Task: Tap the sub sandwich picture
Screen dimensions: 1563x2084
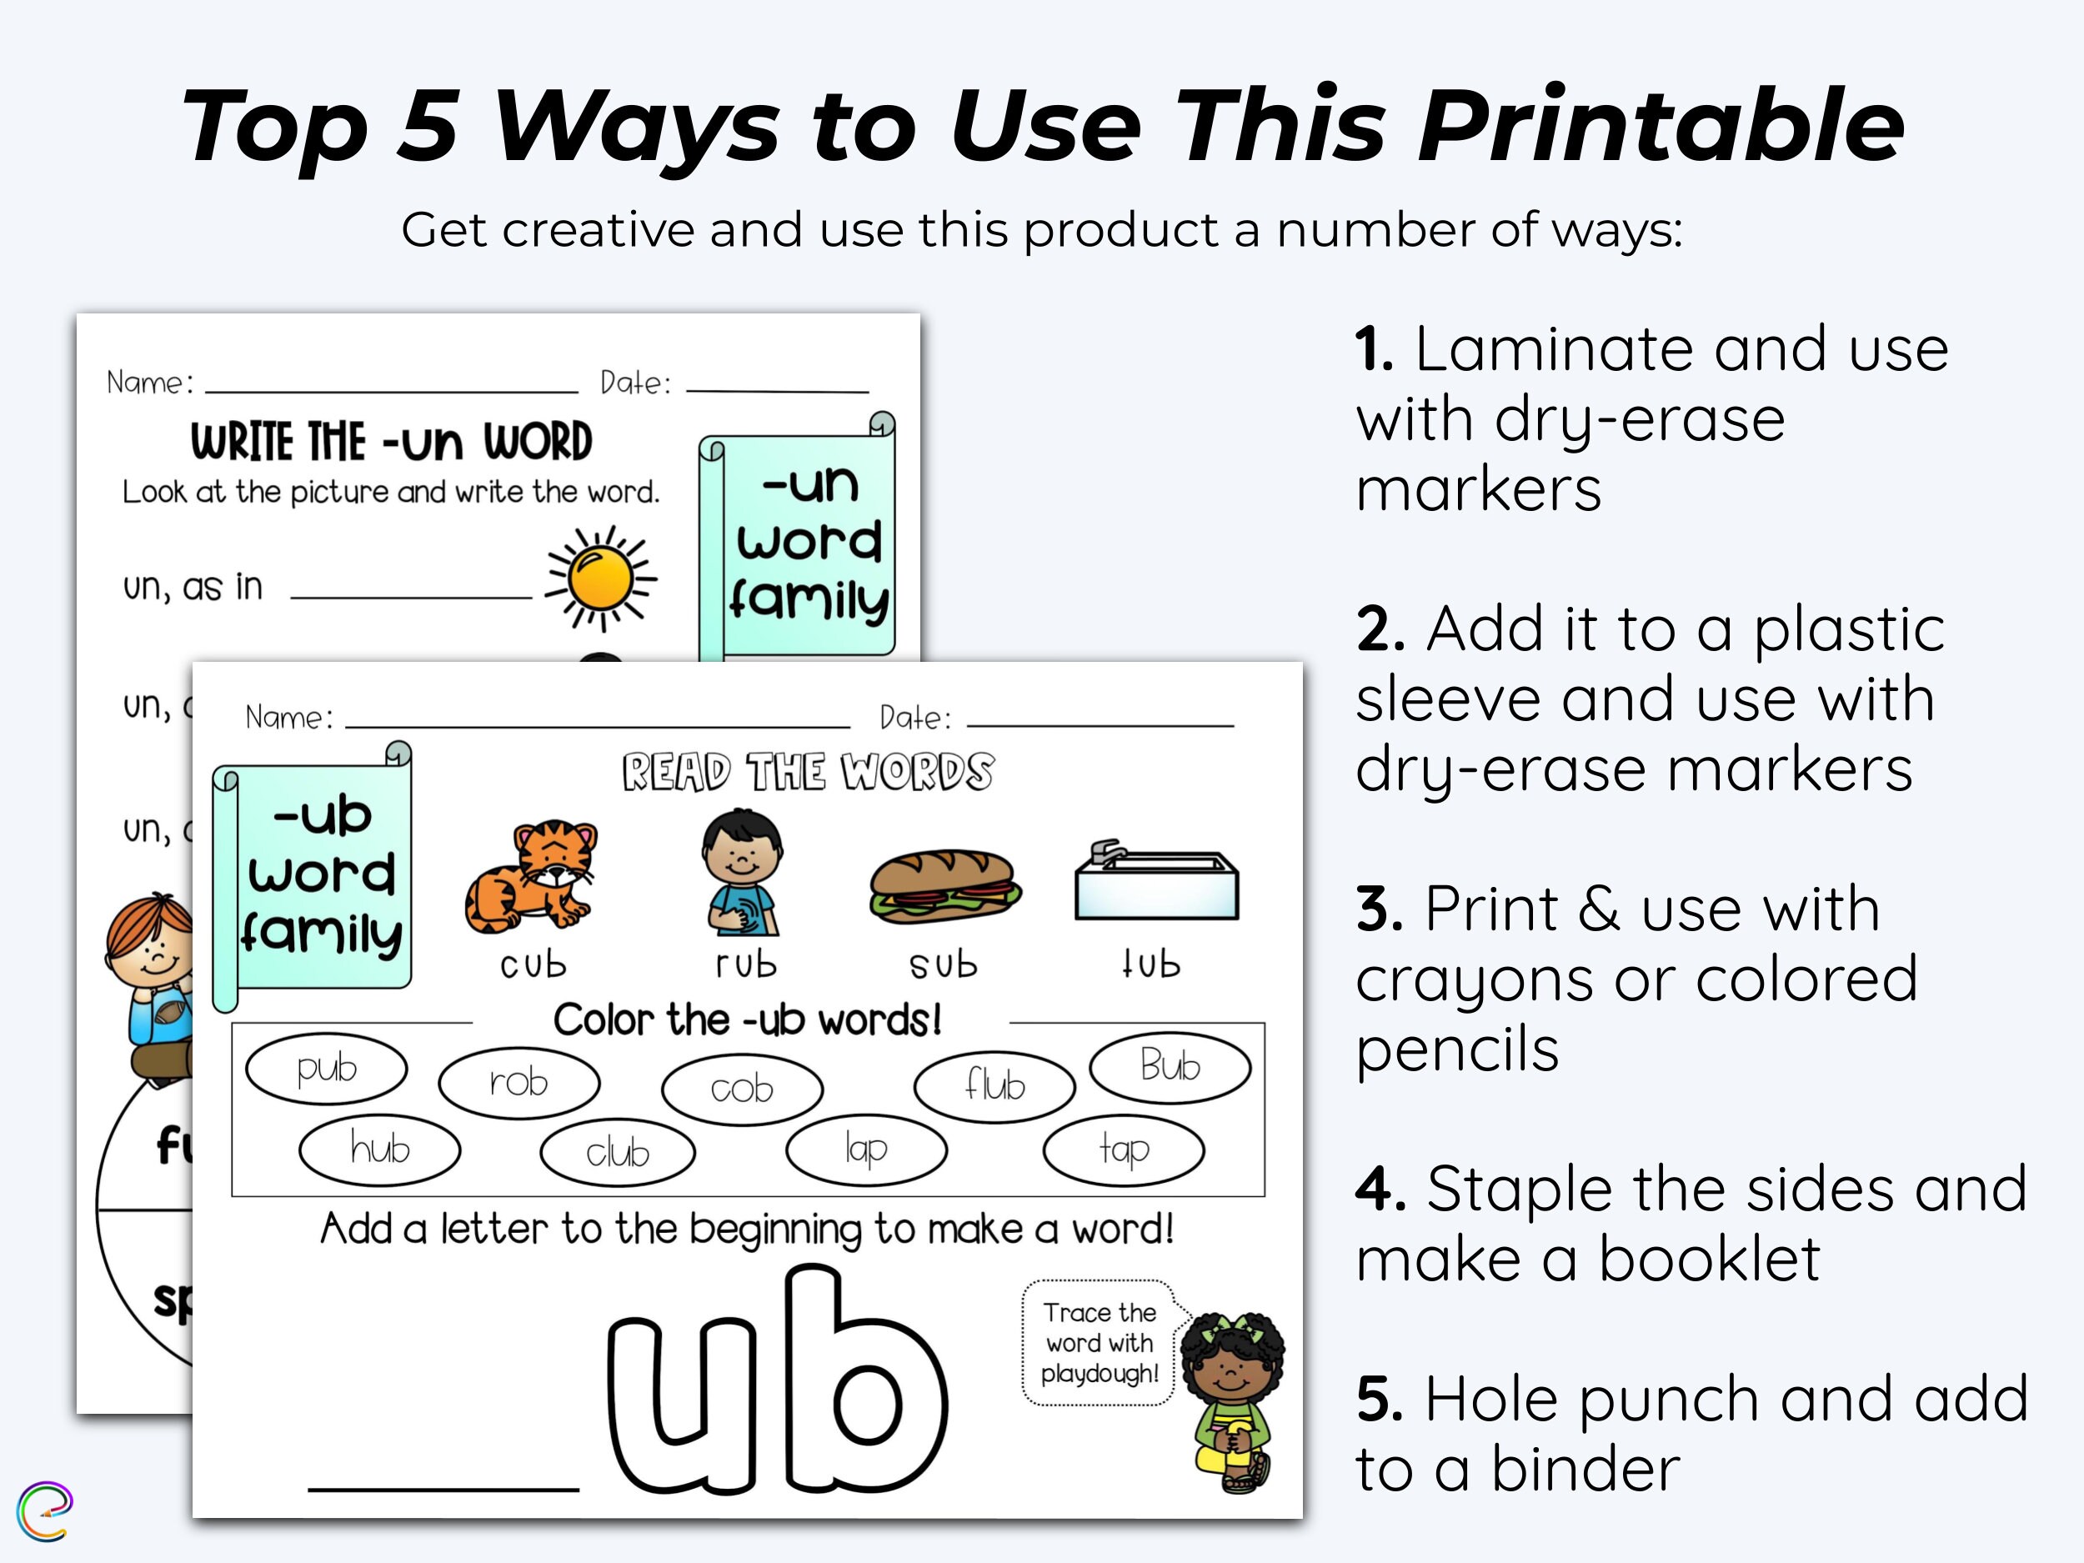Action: (x=944, y=885)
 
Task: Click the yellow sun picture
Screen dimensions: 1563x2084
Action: (x=600, y=578)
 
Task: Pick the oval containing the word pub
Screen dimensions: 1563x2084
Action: (x=326, y=1069)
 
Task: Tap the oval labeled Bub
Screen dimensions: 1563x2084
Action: (x=1170, y=1066)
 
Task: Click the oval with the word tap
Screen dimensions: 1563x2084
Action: (x=1123, y=1150)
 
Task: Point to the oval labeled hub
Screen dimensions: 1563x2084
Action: (x=379, y=1150)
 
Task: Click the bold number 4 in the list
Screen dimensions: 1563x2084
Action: (x=1380, y=1190)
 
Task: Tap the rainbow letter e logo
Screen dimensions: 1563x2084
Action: (x=44, y=1511)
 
